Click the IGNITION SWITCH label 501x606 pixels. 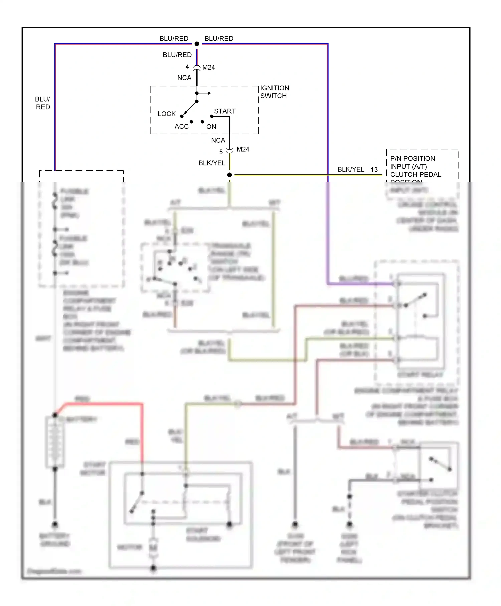click(274, 92)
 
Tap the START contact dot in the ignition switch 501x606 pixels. click(212, 116)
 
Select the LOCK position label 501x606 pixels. click(166, 114)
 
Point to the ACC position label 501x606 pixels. click(181, 127)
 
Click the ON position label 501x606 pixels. click(211, 127)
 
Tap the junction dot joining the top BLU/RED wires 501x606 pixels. click(197, 44)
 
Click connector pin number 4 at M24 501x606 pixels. click(187, 67)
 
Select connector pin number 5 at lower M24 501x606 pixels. click(221, 152)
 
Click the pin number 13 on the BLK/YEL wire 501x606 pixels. click(374, 170)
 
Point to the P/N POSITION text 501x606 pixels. click(412, 159)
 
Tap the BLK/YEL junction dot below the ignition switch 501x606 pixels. click(229, 175)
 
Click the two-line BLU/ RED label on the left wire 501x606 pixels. click(43, 103)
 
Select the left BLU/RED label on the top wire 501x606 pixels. click(174, 39)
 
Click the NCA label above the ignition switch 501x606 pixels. click(184, 78)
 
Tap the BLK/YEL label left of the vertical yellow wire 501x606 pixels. click(212, 163)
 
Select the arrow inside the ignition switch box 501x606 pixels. click(205, 93)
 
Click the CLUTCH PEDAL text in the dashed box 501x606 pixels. click(415, 175)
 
